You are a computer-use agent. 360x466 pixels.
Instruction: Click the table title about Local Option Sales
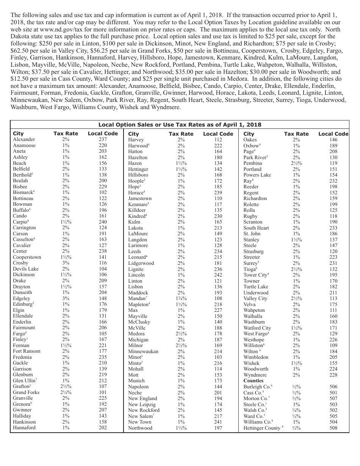pos(180,125)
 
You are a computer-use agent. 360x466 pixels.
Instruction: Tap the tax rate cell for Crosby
pos(66,263)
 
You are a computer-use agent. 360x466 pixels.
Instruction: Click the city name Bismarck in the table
pos(23,192)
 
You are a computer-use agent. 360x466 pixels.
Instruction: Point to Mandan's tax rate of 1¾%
pos(181,299)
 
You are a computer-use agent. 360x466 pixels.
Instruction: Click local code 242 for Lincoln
pos(218,275)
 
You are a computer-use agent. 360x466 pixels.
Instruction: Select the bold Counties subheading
pos(253,381)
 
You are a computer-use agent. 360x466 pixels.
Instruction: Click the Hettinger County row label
pos(262,428)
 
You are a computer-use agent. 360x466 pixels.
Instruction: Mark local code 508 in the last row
pos(333,428)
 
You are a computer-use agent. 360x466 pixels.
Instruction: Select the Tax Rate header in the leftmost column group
pos(66,133)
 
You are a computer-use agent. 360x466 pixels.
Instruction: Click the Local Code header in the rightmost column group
pos(333,133)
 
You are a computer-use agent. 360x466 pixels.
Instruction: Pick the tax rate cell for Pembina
pos(296,163)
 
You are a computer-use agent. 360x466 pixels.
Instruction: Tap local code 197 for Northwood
pos(218,428)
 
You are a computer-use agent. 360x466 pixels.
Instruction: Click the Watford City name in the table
pos(257,328)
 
